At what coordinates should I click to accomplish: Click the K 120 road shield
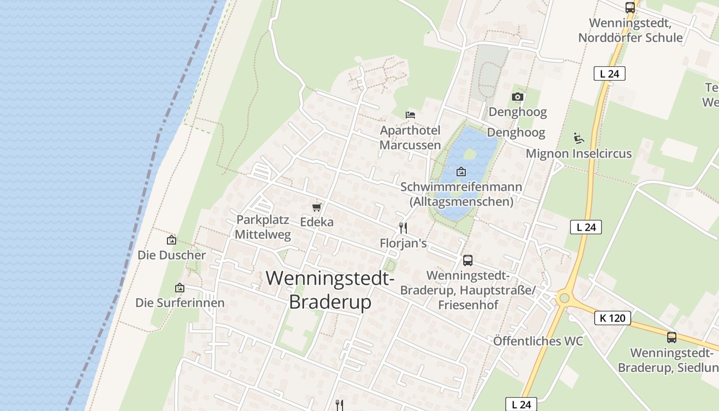612,318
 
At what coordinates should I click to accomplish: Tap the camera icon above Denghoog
517,97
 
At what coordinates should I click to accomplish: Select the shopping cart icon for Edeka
317,207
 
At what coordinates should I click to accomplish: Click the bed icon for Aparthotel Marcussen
410,114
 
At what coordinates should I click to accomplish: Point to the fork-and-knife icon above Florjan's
403,228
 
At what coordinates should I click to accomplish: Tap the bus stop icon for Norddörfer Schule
630,8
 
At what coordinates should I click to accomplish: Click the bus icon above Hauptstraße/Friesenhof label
467,260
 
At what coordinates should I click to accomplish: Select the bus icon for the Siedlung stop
671,338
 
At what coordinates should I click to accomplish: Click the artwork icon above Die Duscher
172,240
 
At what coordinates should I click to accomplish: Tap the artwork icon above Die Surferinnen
179,288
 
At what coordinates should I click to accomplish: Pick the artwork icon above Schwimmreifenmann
461,172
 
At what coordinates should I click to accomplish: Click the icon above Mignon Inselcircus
578,138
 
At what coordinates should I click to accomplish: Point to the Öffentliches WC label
538,341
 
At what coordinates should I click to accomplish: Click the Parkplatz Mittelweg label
262,227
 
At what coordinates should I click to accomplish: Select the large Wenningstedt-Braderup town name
330,290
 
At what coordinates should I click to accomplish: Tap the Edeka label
316,222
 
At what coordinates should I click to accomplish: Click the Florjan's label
403,243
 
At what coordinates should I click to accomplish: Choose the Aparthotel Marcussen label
410,137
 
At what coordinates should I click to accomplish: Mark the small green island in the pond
469,153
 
